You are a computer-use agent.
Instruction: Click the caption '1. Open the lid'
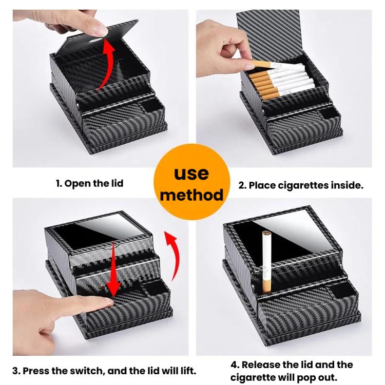click(x=89, y=183)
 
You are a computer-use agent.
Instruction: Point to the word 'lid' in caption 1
click(x=116, y=183)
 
